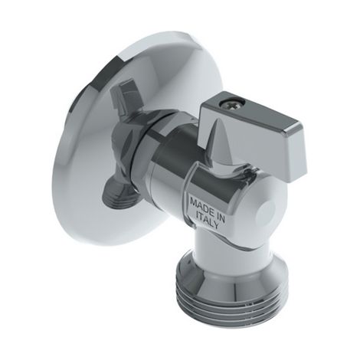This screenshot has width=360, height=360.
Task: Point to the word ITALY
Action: point(208,221)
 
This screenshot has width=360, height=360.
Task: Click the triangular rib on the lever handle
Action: point(217,143)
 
